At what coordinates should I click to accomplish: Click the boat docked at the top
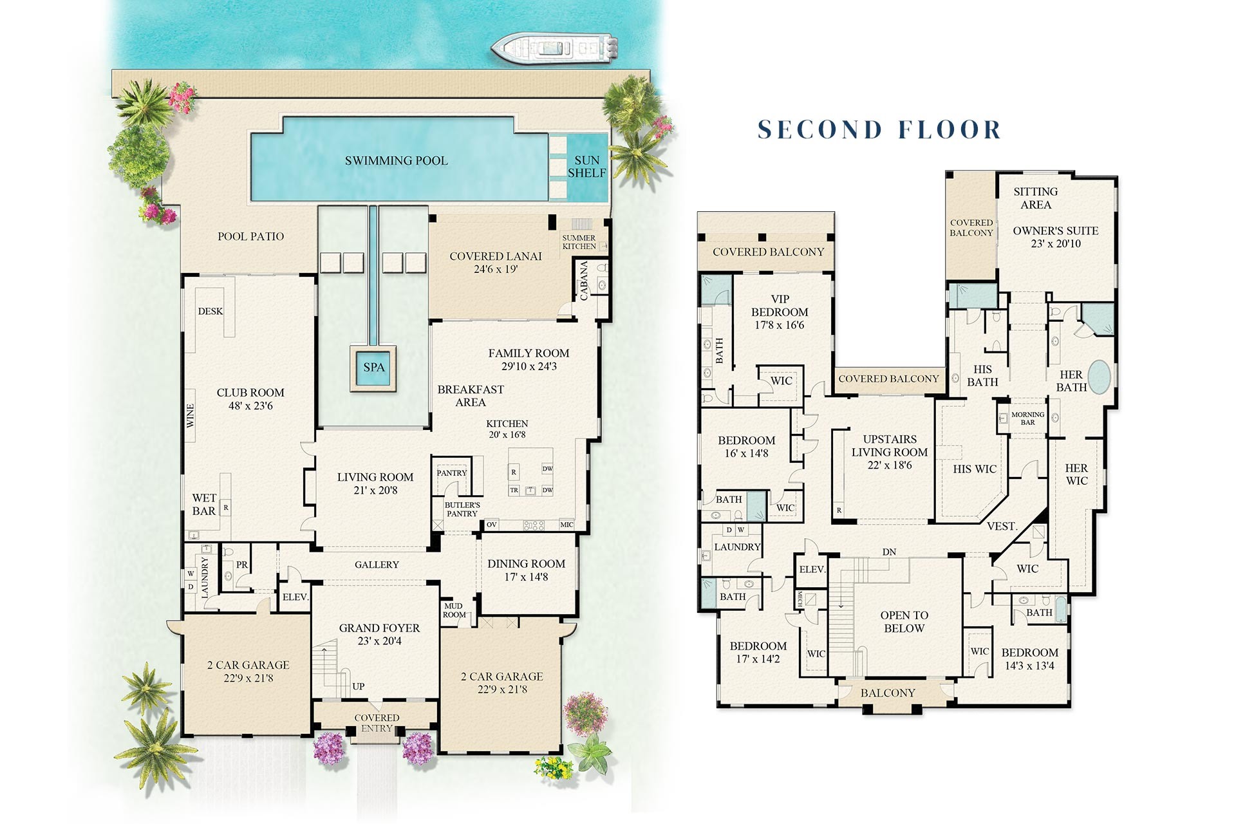click(x=555, y=48)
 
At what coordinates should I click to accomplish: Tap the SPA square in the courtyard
click(x=373, y=368)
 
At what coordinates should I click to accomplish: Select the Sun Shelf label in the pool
click(x=586, y=167)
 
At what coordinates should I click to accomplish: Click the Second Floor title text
click(x=879, y=129)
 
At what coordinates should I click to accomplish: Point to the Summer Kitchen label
click(x=579, y=242)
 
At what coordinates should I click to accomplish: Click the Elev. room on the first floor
click(x=295, y=597)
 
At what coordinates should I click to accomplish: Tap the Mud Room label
click(x=454, y=610)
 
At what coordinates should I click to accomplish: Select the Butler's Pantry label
click(x=462, y=509)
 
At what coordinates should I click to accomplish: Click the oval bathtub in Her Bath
click(x=1100, y=377)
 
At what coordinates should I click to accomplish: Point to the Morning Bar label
click(x=1027, y=418)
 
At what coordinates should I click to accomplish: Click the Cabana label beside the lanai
click(x=584, y=281)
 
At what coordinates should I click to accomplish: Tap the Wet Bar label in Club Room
click(x=204, y=505)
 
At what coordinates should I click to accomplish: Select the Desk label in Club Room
click(x=211, y=311)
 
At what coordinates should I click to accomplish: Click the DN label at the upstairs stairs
click(x=889, y=552)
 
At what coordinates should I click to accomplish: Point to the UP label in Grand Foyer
click(x=359, y=686)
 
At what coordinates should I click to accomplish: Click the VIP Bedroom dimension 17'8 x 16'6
click(x=780, y=325)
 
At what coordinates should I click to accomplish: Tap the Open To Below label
click(x=904, y=622)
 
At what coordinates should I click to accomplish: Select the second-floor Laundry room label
click(x=737, y=547)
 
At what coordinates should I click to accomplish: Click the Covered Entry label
click(x=377, y=723)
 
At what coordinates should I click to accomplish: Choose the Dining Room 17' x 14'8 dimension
click(x=526, y=577)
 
